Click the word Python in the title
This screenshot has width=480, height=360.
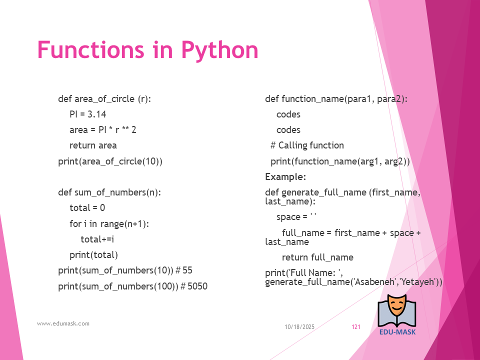click(220, 50)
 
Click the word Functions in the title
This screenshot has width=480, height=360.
click(90, 49)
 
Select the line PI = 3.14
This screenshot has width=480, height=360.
click(88, 114)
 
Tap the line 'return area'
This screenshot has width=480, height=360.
click(93, 145)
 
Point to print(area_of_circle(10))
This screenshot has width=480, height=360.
click(110, 161)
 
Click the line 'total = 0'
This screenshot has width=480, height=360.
click(87, 208)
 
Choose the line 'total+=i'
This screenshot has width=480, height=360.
click(97, 239)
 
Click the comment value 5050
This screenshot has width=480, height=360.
click(197, 286)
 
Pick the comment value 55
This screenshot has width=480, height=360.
click(187, 270)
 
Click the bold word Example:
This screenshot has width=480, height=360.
click(285, 177)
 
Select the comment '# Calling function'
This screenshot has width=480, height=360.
click(307, 145)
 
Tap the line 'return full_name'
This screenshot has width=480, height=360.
click(318, 257)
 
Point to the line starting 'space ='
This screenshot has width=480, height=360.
click(296, 217)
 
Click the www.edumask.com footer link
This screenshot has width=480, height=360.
click(63, 323)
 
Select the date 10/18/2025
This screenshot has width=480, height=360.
click(299, 327)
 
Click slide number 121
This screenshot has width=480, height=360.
click(356, 327)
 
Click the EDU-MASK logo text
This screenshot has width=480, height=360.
click(397, 332)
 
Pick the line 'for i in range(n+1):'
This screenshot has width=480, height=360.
click(109, 224)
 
